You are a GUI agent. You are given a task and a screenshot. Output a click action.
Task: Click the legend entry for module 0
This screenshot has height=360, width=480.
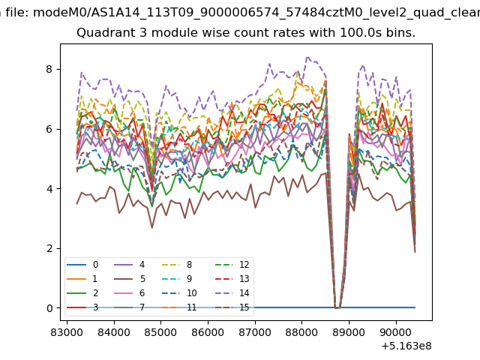[82, 265]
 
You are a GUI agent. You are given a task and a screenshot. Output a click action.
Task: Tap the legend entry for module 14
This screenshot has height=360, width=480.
[232, 293]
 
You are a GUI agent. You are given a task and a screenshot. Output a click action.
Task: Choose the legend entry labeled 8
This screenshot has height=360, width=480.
[177, 265]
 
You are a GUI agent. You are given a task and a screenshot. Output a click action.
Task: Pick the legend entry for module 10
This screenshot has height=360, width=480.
[179, 293]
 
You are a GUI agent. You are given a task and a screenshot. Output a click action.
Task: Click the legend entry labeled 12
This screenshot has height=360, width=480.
[232, 265]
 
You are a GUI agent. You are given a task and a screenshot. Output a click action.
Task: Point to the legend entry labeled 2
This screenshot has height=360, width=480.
[82, 293]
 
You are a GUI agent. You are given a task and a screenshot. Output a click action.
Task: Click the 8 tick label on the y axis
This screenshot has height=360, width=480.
[49, 69]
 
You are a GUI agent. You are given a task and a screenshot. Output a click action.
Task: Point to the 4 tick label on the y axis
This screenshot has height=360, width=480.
[49, 188]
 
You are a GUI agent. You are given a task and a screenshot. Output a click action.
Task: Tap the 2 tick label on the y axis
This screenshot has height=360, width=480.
[49, 248]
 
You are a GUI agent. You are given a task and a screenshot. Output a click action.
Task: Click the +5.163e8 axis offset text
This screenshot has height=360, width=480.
[406, 346]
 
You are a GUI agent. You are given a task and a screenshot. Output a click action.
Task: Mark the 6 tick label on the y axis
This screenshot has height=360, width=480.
[49, 129]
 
